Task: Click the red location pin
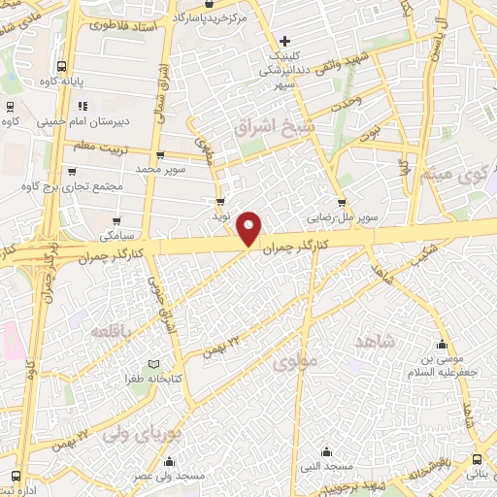click(x=250, y=227)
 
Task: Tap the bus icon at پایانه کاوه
click(x=62, y=68)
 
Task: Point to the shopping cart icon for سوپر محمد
click(x=160, y=155)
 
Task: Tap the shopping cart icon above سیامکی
click(x=116, y=220)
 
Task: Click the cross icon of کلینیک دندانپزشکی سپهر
click(x=283, y=41)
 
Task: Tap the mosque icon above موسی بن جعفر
click(x=442, y=344)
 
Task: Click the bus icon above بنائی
click(x=477, y=458)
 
